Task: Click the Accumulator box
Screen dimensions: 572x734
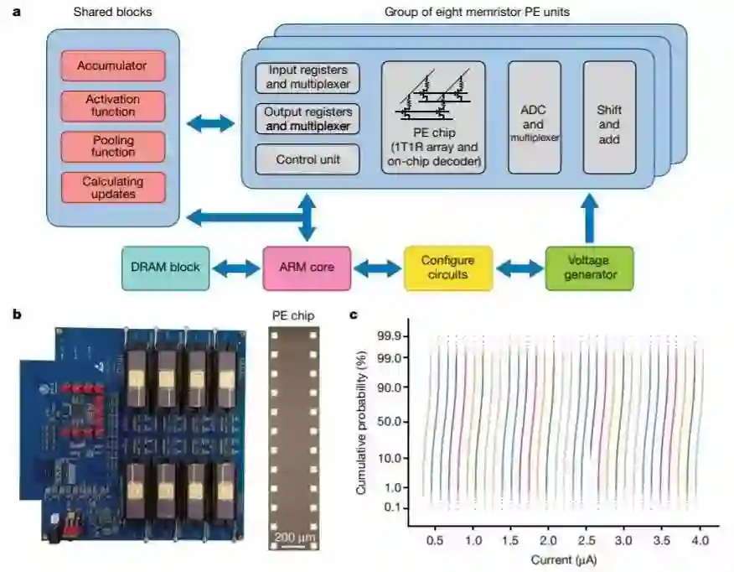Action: pos(113,65)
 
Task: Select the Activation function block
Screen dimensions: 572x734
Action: pos(113,106)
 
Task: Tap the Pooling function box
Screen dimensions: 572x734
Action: pos(113,146)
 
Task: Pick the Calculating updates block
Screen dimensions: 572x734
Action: pos(113,187)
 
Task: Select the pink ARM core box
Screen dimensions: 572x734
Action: pos(306,268)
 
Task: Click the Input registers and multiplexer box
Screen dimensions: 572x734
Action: pos(308,77)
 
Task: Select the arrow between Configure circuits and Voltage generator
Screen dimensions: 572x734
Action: pos(520,268)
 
